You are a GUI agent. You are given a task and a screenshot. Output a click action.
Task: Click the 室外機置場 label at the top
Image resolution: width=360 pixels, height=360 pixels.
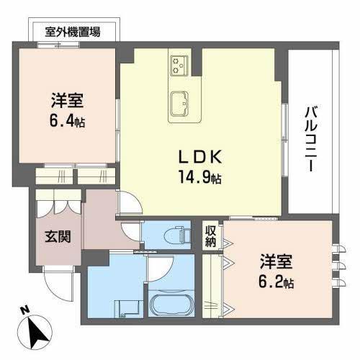72,32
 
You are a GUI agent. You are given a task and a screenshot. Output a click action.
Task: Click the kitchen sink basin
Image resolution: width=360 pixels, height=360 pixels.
180,102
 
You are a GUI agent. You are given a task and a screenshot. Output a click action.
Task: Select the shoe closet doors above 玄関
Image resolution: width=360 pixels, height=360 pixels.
58,202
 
